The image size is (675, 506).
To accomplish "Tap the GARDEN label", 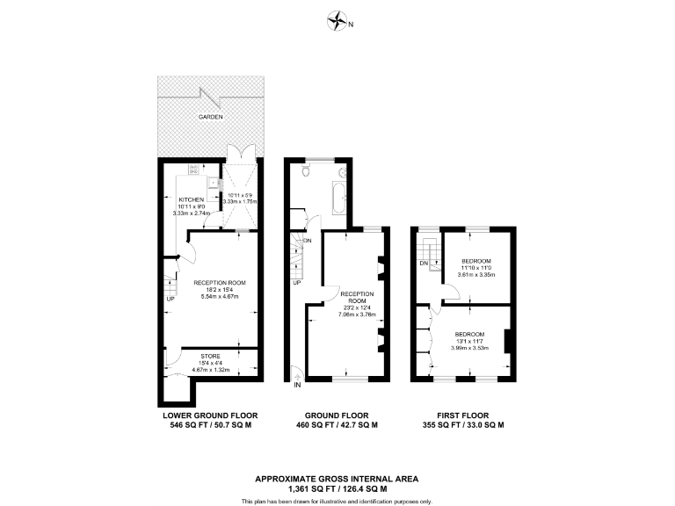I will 209,117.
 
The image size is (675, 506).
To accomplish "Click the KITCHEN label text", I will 192,199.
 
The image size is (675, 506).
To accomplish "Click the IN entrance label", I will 297,385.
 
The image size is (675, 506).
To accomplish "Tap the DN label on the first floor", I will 424,264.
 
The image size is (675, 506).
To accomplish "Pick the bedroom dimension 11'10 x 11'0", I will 476,268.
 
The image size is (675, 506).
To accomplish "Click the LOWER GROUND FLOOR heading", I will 209,416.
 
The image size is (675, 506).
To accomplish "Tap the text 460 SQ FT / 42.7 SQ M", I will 337,425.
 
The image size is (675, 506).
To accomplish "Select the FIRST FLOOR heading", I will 462,416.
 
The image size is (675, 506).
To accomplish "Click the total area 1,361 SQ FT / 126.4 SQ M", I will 337,488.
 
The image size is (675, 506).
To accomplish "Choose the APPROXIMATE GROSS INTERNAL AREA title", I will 337,479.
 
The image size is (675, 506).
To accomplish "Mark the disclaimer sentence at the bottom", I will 337,500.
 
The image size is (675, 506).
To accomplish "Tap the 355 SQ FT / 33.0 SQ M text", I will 462,425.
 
